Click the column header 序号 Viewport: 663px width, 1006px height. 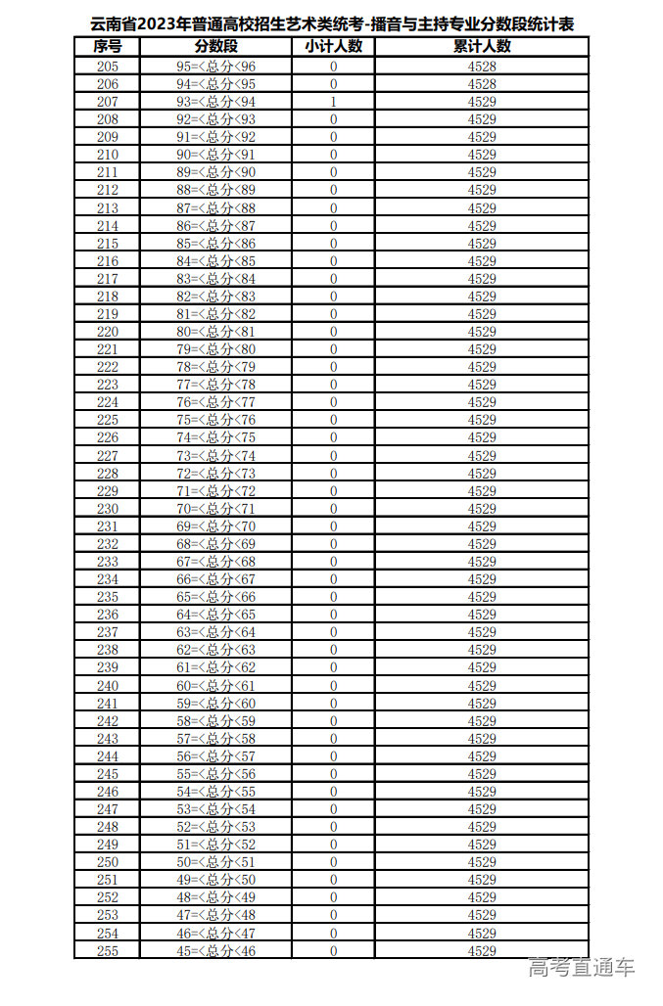pyautogui.click(x=108, y=47)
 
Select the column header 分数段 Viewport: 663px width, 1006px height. pyautogui.click(x=216, y=47)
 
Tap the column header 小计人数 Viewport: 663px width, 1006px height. pyautogui.click(x=333, y=47)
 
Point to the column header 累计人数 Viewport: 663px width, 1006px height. pyautogui.click(x=482, y=47)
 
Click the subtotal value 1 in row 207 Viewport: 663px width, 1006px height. pyautogui.click(x=334, y=102)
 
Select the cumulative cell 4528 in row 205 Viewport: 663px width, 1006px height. pyautogui.click(x=482, y=67)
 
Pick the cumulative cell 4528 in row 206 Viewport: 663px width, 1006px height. pyautogui.click(x=482, y=84)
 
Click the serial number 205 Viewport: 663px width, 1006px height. pyautogui.click(x=108, y=67)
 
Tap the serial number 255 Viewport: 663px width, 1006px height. pyautogui.click(x=108, y=951)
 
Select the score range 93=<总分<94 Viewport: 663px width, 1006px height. pyautogui.click(x=216, y=102)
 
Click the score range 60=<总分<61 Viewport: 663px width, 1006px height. pyautogui.click(x=216, y=686)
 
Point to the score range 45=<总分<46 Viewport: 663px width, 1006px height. pyautogui.click(x=216, y=951)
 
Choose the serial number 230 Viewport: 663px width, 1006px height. pyautogui.click(x=108, y=509)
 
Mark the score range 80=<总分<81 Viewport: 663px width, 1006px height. pyautogui.click(x=216, y=332)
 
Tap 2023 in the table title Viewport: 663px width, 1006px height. pyautogui.click(x=160, y=24)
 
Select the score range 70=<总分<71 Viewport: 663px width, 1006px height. pyautogui.click(x=216, y=509)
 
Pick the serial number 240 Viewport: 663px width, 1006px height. pyautogui.click(x=108, y=686)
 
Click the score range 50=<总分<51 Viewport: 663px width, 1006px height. pyautogui.click(x=216, y=863)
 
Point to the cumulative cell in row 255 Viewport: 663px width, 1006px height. pyautogui.click(x=482, y=951)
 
